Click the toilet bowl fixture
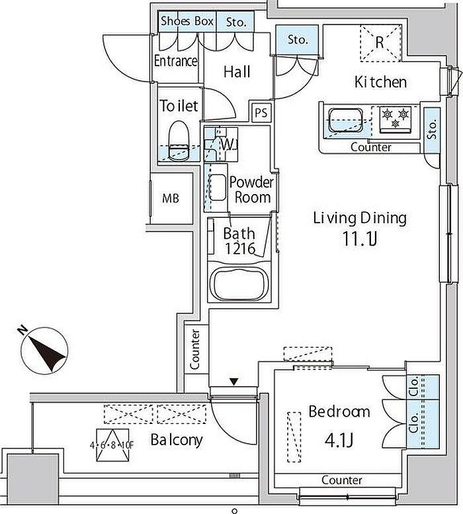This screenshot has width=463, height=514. point(179,140)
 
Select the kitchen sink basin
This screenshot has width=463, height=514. point(345,120)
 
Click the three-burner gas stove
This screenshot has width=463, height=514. point(396,120)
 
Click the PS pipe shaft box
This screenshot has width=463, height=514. point(261,113)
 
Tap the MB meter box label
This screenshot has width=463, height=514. point(171,198)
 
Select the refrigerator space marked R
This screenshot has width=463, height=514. point(381,42)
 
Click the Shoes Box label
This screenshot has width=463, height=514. point(187,21)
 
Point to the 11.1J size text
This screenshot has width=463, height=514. point(359,238)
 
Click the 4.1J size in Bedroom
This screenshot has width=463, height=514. point(339,440)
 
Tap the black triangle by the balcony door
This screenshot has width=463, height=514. point(233,382)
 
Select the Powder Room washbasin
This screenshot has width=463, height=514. point(218,187)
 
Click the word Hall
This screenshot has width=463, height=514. point(237,72)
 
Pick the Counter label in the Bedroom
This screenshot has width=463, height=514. point(341,480)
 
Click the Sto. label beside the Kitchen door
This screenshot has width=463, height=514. point(298,40)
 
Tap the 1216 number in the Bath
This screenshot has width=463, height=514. point(240,249)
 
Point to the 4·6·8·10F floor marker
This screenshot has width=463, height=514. point(112,445)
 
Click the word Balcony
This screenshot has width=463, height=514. point(177,440)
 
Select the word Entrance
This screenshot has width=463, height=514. point(176,61)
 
